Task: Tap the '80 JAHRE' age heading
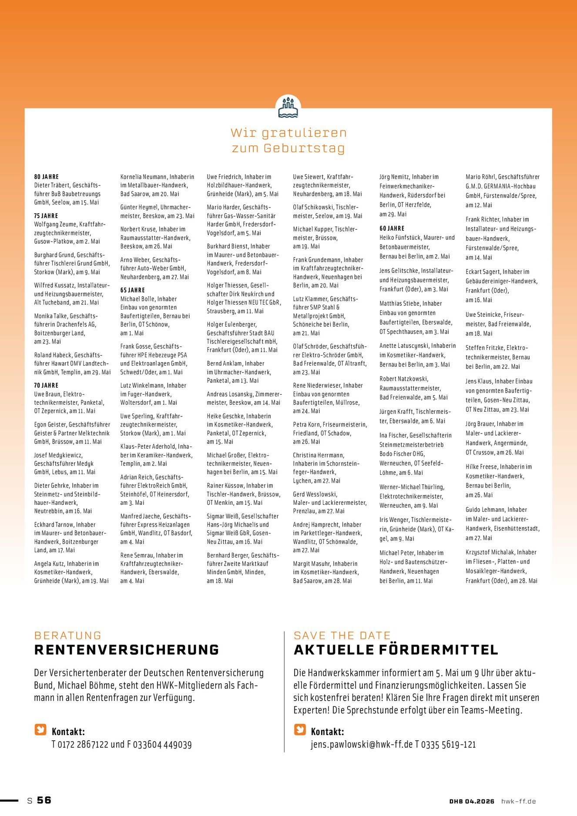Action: [47, 177]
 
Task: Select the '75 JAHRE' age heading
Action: [46, 216]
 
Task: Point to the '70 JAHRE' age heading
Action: [46, 386]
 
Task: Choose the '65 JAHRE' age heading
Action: [133, 290]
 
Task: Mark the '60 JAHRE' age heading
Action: [392, 228]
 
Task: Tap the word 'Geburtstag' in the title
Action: [304, 148]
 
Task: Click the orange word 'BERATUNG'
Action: [68, 635]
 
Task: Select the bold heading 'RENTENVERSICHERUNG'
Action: [127, 650]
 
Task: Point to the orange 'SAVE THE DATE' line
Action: [342, 635]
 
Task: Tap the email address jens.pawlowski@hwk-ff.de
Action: [362, 745]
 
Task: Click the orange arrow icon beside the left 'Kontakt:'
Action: [40, 729]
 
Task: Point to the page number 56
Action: [44, 800]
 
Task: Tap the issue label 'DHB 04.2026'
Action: [472, 801]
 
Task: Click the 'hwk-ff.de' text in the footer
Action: [518, 801]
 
